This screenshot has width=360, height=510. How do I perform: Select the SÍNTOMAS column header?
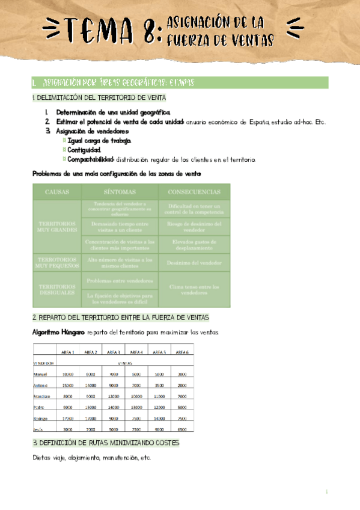pyautogui.click(x=120, y=192)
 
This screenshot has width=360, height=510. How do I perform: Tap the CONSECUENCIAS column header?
pyautogui.click(x=194, y=192)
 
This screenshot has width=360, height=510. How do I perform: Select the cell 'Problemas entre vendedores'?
pyautogui.click(x=120, y=281)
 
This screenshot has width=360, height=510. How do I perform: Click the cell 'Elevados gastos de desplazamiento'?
pyautogui.click(x=194, y=244)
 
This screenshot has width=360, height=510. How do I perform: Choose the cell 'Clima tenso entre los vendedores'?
pyautogui.click(x=194, y=290)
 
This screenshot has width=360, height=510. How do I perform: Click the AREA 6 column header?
pyautogui.click(x=183, y=352)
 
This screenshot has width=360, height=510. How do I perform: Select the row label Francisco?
pyautogui.click(x=43, y=396)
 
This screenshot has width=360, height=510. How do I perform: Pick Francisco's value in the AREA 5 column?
pyautogui.click(x=159, y=396)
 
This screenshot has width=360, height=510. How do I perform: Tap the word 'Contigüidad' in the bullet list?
pyautogui.click(x=84, y=150)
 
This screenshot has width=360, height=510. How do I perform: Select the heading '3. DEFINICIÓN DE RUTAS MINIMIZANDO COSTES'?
pyautogui.click(x=106, y=443)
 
